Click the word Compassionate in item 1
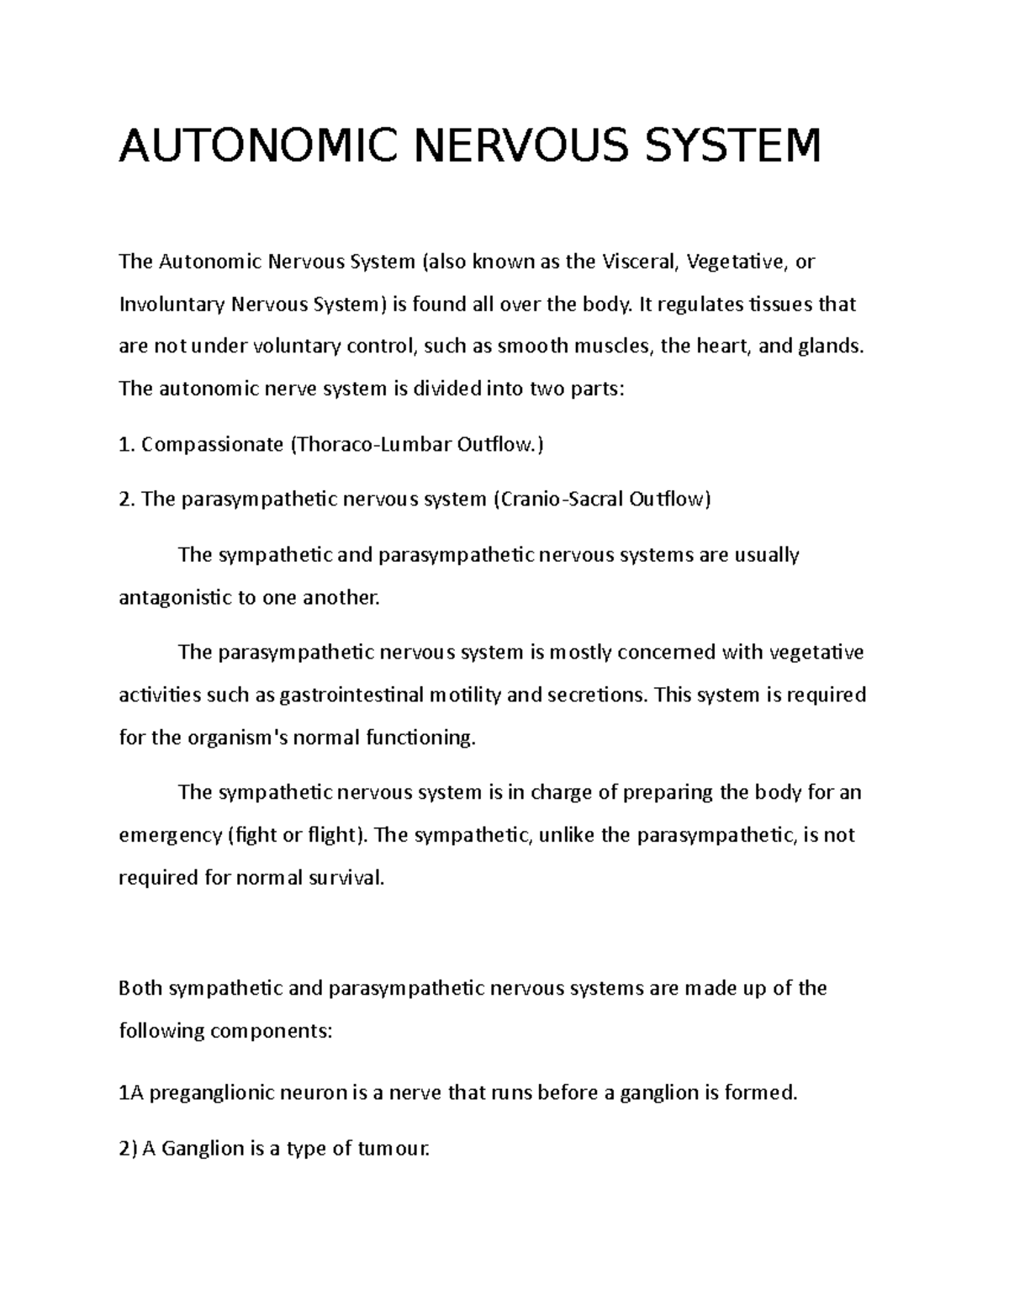[x=212, y=444]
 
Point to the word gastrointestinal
[x=351, y=695]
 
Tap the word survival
[x=345, y=878]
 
